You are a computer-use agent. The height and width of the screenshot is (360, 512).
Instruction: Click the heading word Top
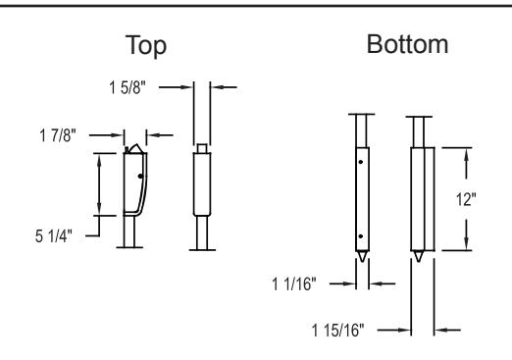coord(146,46)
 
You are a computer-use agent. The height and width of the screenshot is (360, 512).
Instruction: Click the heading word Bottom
coord(407,44)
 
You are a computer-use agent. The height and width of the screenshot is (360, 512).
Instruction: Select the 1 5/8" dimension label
coord(128,87)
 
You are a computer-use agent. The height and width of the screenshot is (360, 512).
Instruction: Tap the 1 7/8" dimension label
coord(58,135)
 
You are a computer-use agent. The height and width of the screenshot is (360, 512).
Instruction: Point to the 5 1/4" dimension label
coord(54,235)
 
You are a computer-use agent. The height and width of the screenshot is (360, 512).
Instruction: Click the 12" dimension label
coord(466,199)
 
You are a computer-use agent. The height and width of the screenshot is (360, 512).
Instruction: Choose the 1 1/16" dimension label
coord(294,283)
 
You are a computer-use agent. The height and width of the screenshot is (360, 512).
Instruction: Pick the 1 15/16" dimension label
coord(337,331)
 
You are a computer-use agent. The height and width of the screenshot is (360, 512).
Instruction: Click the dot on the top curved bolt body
coord(140,176)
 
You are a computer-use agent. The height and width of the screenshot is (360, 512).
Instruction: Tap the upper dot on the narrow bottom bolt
coord(361,162)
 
